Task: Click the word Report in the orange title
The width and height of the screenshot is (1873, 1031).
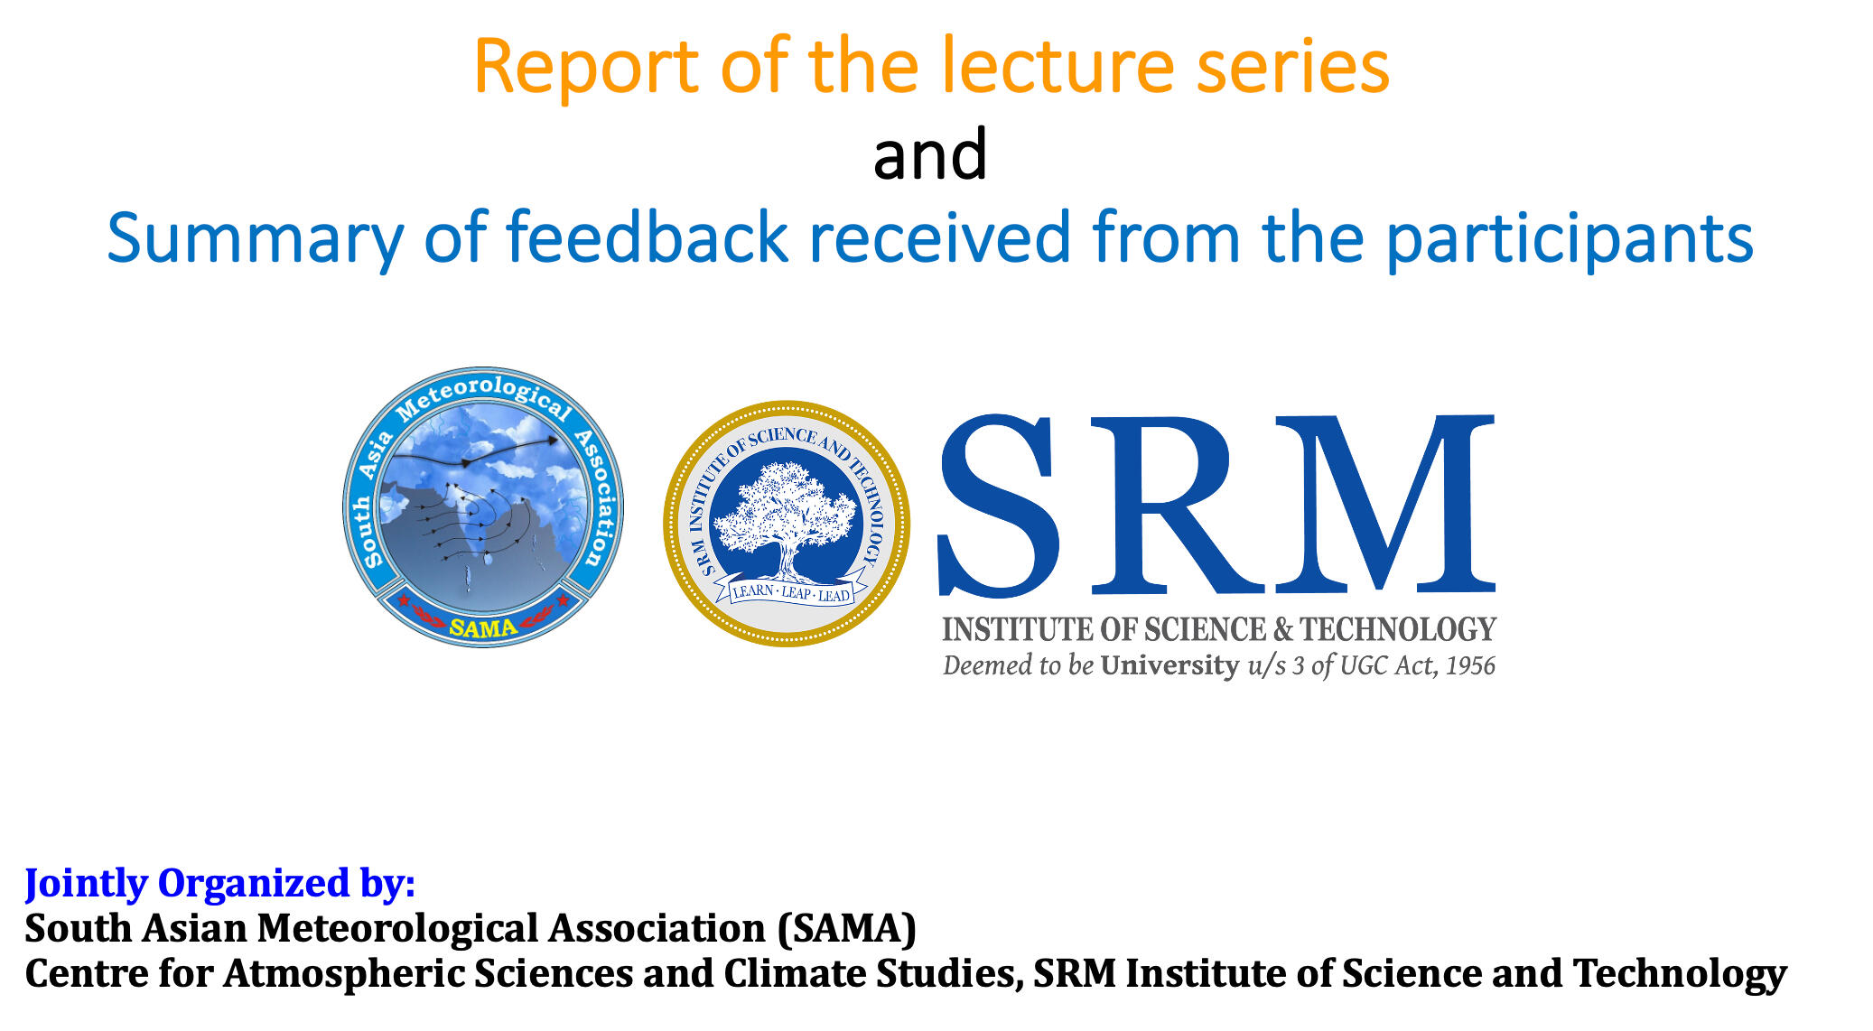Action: [586, 67]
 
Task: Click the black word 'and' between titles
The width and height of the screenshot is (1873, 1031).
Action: [930, 153]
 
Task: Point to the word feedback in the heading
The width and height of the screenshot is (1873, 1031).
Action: [647, 237]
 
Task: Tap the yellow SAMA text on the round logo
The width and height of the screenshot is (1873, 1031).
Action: [483, 627]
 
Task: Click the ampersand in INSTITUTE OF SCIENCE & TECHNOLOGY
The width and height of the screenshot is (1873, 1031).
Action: [1282, 629]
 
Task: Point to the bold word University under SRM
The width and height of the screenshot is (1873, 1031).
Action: [1169, 665]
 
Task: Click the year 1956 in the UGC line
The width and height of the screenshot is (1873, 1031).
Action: [1470, 665]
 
